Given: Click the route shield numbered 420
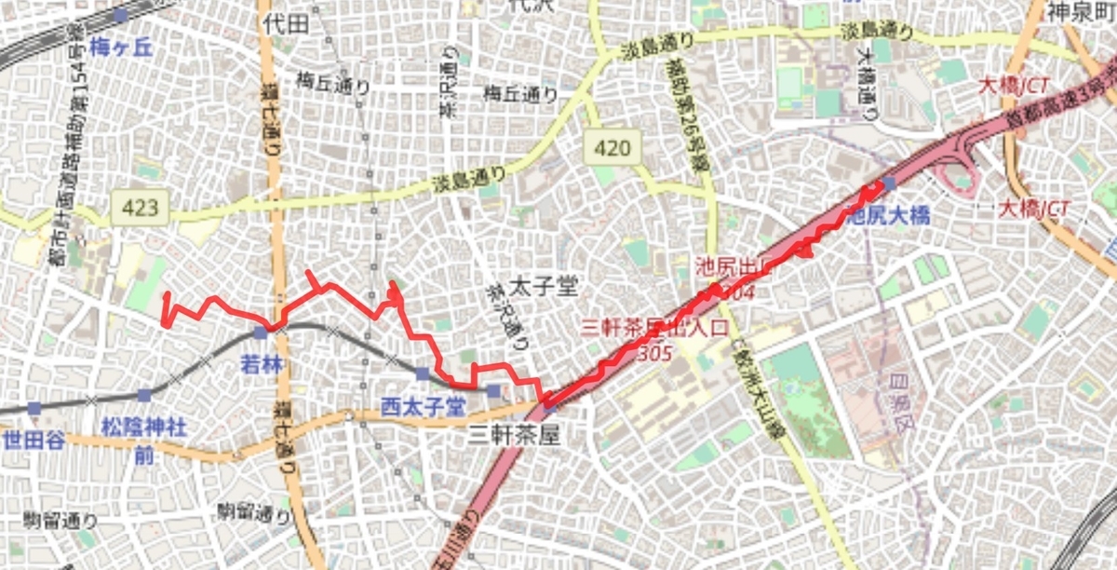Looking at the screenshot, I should coord(612,148).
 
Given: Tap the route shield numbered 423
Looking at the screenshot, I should coord(140,207).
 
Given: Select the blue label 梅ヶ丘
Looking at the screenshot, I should coord(122,47).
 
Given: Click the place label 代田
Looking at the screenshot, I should coord(285,23).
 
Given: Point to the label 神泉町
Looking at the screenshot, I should coord(1080,12).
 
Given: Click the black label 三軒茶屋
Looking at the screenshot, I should coord(515,434).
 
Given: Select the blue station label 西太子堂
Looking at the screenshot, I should coord(424,406).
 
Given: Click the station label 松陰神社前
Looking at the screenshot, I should coord(143,439).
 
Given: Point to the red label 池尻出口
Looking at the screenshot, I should coord(733,267).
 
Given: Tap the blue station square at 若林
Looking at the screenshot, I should coord(261,332).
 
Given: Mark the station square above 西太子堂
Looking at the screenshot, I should coord(424,374).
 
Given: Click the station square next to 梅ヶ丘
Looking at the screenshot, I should coord(120,16).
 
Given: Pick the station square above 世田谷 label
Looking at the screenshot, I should coord(34,408).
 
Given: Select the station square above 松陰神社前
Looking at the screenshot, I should coord(144,396).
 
